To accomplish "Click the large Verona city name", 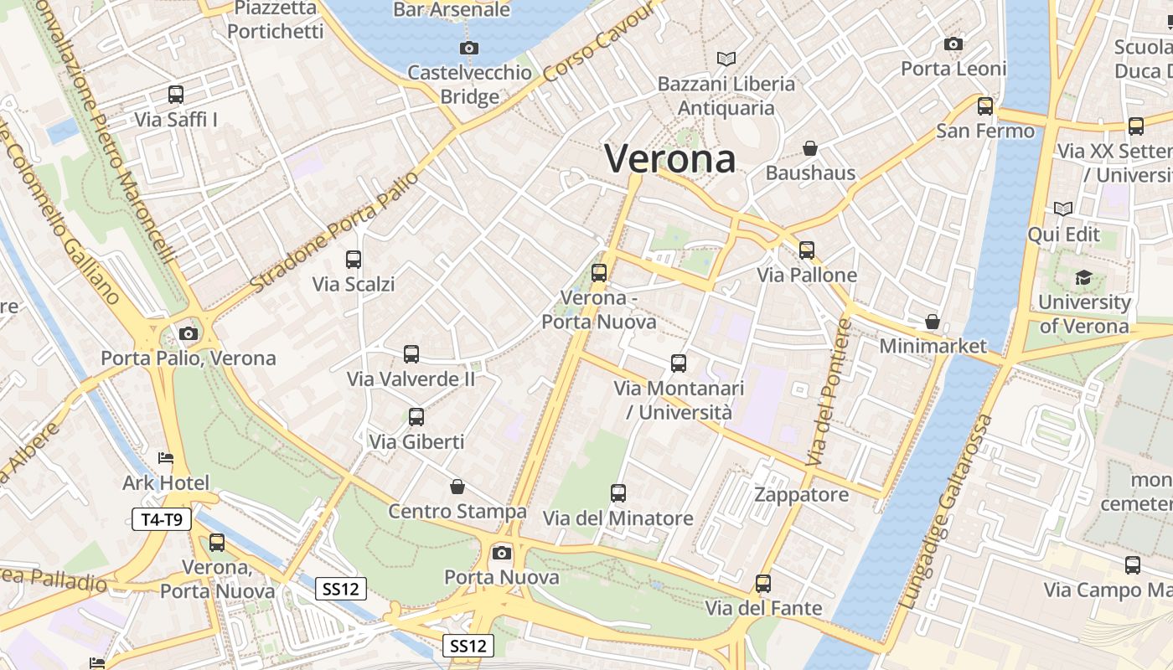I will (670, 158).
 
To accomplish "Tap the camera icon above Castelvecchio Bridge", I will (469, 48).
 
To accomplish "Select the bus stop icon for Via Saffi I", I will (176, 95).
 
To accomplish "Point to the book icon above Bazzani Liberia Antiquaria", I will (726, 59).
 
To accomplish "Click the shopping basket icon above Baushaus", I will (810, 148).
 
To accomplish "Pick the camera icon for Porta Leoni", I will (953, 44).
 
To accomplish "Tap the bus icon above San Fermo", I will (985, 106).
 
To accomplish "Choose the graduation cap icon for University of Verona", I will (1083, 277).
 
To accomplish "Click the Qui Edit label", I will (1063, 234).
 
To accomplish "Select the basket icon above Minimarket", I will (933, 322).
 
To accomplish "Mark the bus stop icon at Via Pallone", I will (807, 250).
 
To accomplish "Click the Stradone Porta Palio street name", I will (334, 232).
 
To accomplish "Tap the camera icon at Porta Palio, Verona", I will (189, 333).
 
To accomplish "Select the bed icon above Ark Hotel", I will (166, 458).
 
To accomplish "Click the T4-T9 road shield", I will (162, 519).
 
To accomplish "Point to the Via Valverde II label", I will (411, 379).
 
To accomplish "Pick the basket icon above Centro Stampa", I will (457, 487).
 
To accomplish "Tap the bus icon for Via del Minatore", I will (618, 493).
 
